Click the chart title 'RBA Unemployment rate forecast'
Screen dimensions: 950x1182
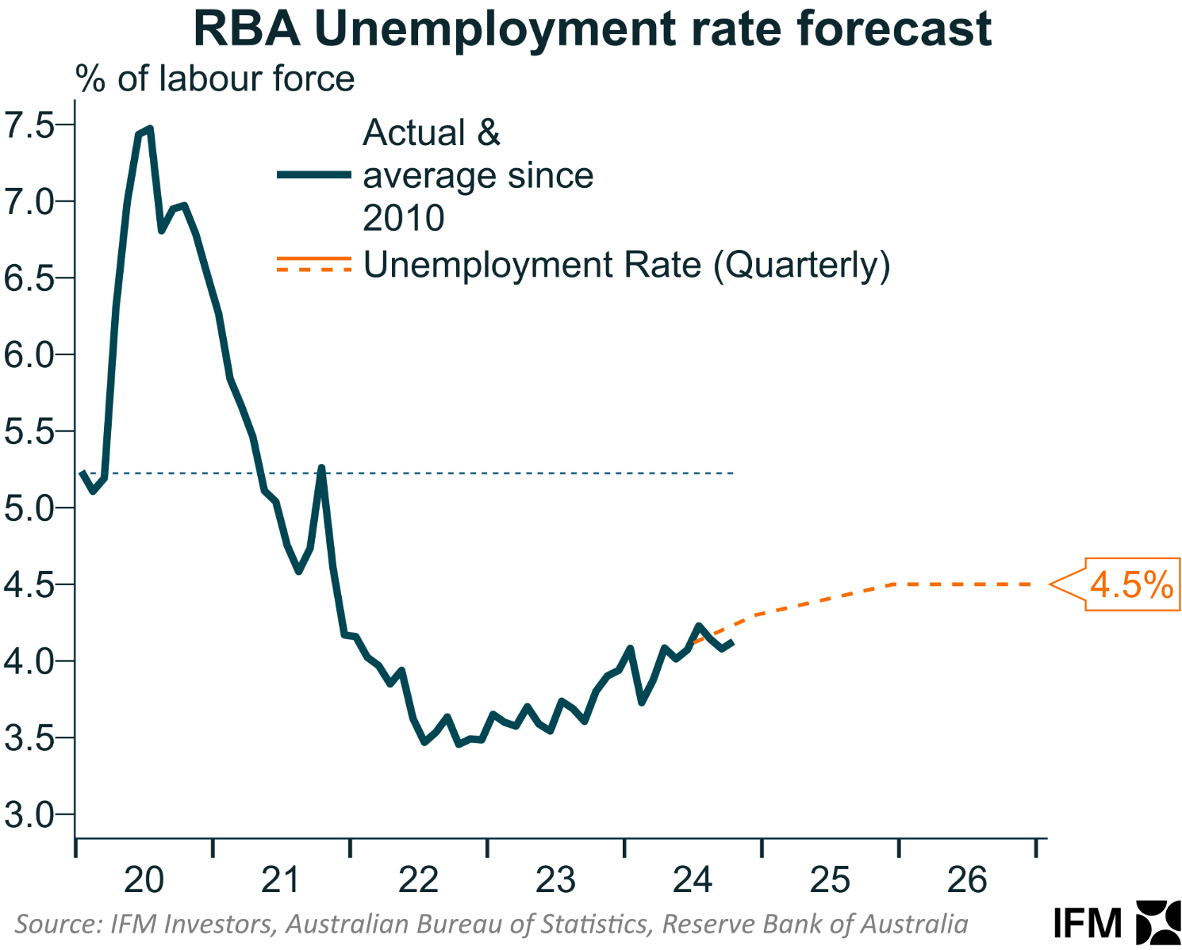tap(592, 29)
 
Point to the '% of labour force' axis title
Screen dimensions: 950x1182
tap(215, 79)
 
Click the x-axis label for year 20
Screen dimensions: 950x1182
tap(144, 880)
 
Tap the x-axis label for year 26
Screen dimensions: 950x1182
tap(967, 880)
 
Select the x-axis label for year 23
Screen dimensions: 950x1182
tap(555, 880)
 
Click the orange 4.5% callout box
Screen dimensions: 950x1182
tap(1131, 585)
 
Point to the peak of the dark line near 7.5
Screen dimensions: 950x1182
tap(149, 128)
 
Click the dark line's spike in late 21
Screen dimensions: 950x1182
tap(321, 468)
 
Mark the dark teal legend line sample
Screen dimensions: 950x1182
tap(314, 175)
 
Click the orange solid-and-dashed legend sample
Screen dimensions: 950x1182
tap(314, 264)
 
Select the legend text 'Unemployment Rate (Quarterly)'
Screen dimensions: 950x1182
tap(627, 265)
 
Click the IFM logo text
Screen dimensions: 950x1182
tap(1088, 923)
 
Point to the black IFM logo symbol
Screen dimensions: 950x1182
tap(1159, 922)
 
